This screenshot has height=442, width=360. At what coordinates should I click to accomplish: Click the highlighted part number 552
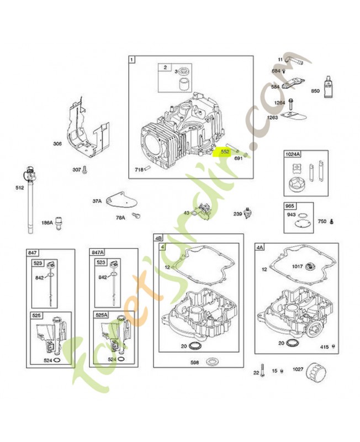coord(225,151)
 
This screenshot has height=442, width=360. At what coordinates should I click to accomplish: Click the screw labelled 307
coord(85,171)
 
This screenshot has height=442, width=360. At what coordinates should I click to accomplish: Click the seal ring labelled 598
coord(210,361)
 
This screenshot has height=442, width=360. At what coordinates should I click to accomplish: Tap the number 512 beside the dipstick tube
coord(20,188)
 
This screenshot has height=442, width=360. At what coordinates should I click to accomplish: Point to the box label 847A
coord(97,252)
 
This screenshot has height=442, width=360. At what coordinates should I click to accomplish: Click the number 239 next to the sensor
coord(238,214)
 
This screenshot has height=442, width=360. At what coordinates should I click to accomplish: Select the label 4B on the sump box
coord(159,238)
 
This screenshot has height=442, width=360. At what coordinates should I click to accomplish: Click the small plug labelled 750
coord(332,222)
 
